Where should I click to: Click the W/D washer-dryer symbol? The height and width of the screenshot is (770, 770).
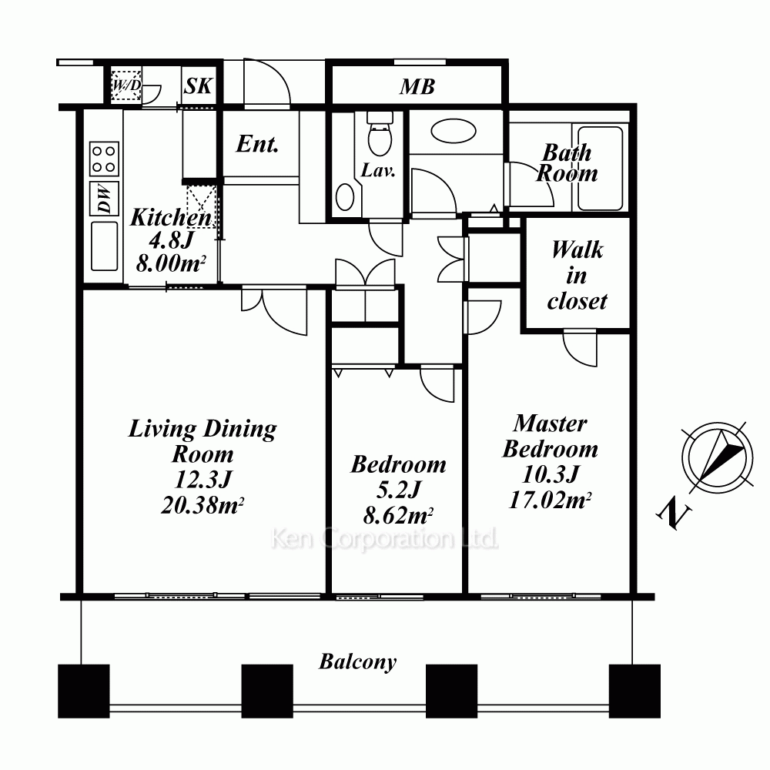pyautogui.click(x=126, y=86)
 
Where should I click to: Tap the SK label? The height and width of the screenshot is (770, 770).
pyautogui.click(x=199, y=86)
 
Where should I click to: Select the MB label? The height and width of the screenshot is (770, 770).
pyautogui.click(x=417, y=87)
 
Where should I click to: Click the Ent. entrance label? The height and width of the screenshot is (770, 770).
pyautogui.click(x=257, y=144)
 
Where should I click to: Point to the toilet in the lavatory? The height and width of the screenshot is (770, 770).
pyautogui.click(x=380, y=132)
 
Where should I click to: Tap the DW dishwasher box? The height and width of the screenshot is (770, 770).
pyautogui.click(x=104, y=199)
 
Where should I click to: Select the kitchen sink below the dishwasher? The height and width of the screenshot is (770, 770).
pyautogui.click(x=104, y=246)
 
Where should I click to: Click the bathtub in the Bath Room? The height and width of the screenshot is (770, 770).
pyautogui.click(x=600, y=168)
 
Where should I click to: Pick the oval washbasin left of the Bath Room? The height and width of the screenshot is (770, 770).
pyautogui.click(x=454, y=132)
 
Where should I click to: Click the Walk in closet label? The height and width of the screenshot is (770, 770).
pyautogui.click(x=577, y=275)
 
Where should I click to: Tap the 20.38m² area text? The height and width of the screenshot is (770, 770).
pyautogui.click(x=203, y=505)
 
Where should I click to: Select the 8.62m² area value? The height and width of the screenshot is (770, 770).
pyautogui.click(x=398, y=516)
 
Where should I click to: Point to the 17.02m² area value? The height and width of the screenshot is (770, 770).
pyautogui.click(x=550, y=500)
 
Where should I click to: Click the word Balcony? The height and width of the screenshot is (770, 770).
pyautogui.click(x=357, y=662)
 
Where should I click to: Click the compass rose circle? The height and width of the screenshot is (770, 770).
pyautogui.click(x=718, y=457)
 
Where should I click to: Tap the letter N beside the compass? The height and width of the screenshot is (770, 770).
pyautogui.click(x=675, y=514)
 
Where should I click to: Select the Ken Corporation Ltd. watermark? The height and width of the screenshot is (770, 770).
pyautogui.click(x=384, y=539)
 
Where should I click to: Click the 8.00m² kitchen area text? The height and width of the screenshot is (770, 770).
pyautogui.click(x=170, y=263)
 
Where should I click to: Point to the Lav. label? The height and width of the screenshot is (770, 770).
pyautogui.click(x=378, y=170)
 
